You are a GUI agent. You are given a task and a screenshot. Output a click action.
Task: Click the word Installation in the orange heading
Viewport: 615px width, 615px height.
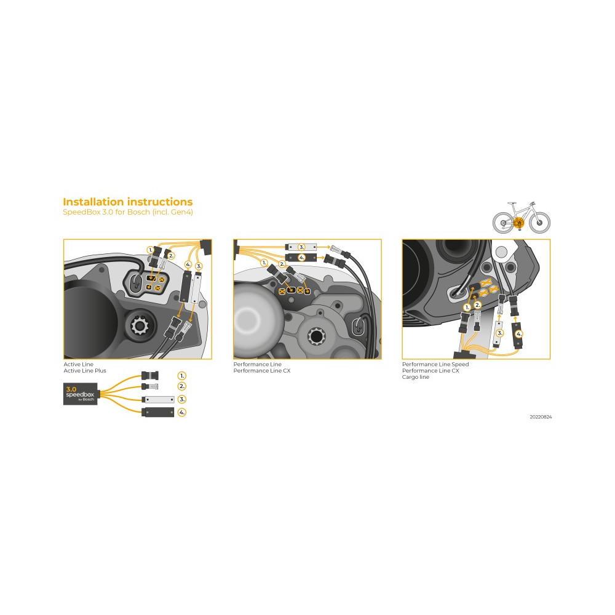pos(93,202)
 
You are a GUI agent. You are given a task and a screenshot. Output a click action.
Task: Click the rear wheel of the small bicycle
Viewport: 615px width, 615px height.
pos(503,223)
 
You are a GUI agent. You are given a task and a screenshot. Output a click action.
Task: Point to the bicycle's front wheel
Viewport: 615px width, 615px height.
pos(540,223)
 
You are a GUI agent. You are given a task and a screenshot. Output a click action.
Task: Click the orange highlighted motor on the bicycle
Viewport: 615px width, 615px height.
pos(518,223)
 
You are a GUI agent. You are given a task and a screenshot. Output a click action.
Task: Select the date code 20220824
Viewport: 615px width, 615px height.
pos(541,417)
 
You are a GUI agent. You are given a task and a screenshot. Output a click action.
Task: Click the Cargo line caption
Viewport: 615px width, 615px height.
pos(415,377)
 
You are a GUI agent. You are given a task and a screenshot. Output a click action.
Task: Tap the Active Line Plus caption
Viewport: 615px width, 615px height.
pos(85,371)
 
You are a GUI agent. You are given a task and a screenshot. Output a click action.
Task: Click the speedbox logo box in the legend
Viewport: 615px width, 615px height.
pos(80,394)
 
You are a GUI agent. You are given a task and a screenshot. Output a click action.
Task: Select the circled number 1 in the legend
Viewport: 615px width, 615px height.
pos(181,376)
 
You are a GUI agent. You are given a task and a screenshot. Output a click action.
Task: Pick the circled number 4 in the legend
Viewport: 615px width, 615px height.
pos(181,412)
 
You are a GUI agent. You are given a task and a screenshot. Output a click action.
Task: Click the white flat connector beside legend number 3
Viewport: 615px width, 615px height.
pos(157,400)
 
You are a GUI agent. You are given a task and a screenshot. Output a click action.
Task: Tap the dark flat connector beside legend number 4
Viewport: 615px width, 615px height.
pos(157,412)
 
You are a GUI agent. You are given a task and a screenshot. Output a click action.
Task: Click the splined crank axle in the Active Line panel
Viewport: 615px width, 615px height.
pos(139,325)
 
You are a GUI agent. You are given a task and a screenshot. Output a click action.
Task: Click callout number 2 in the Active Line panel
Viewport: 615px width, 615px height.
pos(171,256)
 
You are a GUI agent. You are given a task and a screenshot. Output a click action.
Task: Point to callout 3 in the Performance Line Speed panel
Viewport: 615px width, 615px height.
pos(499,333)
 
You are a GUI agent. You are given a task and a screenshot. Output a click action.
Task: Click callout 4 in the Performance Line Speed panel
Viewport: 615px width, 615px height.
pos(519,334)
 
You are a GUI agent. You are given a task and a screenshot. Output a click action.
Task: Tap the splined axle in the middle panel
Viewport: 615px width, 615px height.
pos(315,336)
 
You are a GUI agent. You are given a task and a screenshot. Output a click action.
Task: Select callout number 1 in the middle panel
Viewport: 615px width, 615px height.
pos(264,263)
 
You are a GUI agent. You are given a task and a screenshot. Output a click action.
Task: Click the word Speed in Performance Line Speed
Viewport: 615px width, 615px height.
pos(460,364)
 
